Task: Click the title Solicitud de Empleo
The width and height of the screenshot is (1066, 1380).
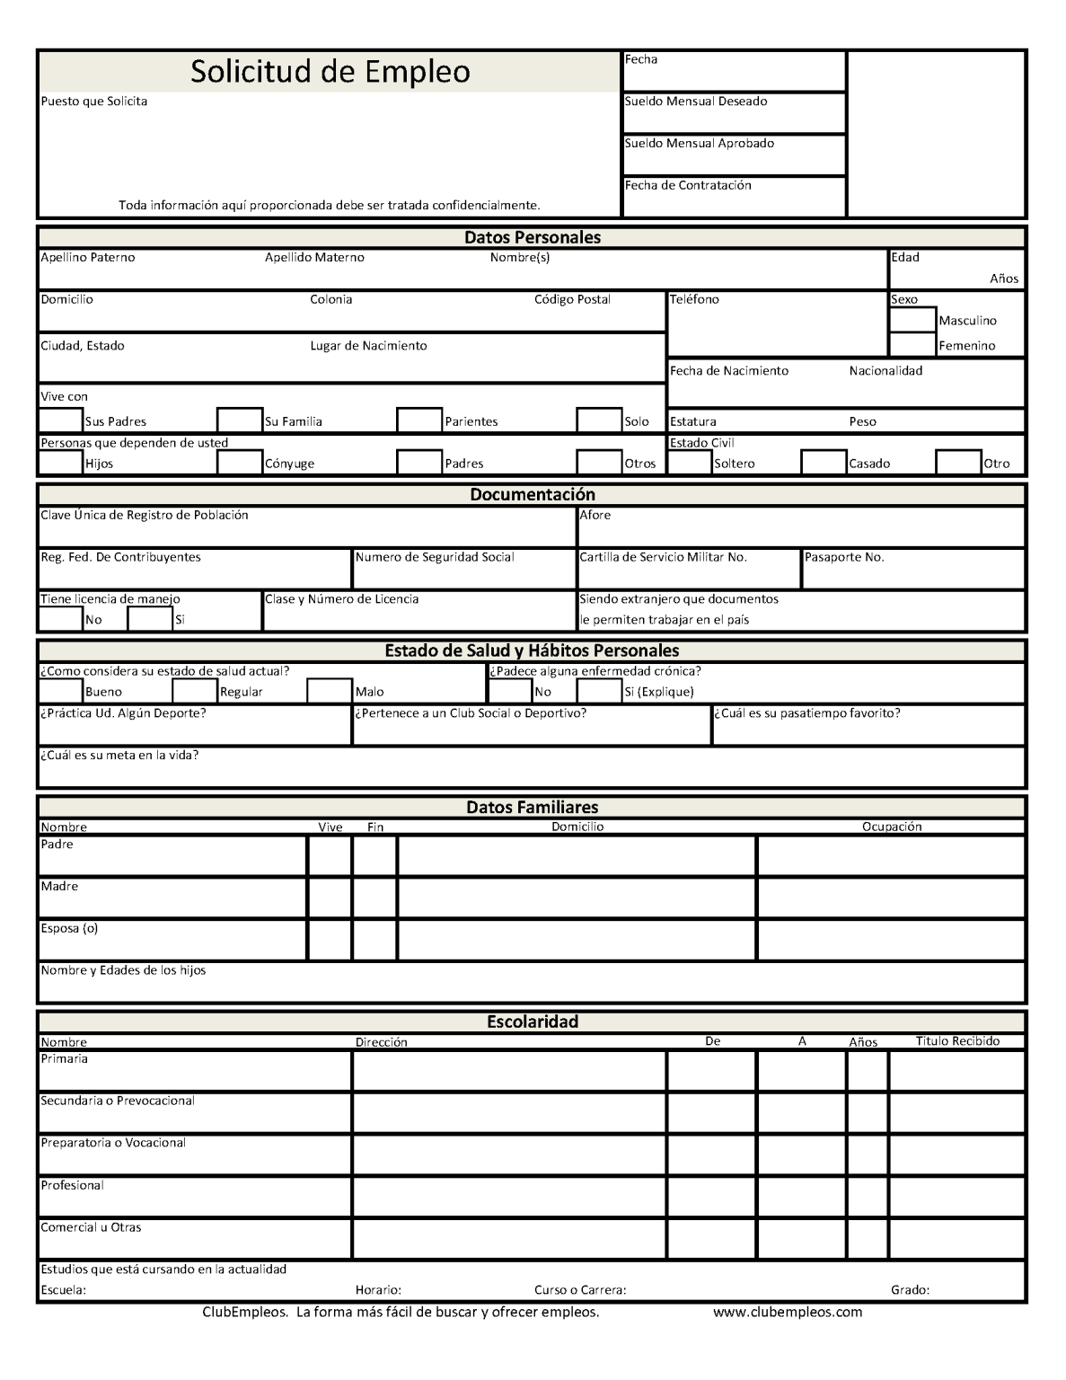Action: [x=330, y=72]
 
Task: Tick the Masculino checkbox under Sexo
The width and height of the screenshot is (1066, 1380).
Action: [x=912, y=320]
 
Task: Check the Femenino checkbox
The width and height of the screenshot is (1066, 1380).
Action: [x=912, y=345]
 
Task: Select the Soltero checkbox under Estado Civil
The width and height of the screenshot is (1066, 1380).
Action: [x=690, y=463]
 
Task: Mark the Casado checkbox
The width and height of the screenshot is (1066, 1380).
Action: [x=824, y=463]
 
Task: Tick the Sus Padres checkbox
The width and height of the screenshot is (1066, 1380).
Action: [x=60, y=420]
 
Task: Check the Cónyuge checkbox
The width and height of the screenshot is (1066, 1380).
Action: [x=240, y=463]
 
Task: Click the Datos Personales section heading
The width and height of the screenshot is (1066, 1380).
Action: [x=532, y=238]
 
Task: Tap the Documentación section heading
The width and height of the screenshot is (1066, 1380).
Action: [x=532, y=495]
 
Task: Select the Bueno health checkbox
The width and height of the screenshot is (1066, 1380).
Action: [x=60, y=691]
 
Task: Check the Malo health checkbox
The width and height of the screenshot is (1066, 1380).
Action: [x=330, y=691]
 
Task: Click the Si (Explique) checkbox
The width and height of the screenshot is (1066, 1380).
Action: [x=599, y=691]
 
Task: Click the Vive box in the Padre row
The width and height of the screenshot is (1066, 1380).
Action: [x=330, y=856]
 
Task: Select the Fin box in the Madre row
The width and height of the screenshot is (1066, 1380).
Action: [x=374, y=898]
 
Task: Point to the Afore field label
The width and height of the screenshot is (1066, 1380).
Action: [x=595, y=515]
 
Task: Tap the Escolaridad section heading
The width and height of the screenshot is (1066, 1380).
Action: [x=532, y=1022]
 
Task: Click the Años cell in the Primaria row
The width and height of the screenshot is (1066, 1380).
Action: [x=867, y=1071]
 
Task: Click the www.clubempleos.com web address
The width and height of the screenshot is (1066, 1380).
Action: [x=787, y=1312]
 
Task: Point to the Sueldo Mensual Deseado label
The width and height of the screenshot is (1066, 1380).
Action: [x=696, y=102]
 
